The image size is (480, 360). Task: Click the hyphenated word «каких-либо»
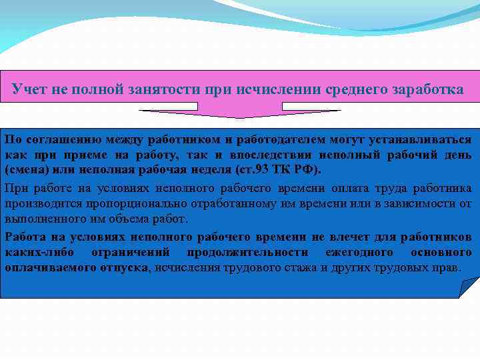[x=35, y=253]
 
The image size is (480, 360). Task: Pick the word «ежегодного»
[x=359, y=253]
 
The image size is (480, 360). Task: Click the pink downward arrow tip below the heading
[x=239, y=117]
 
